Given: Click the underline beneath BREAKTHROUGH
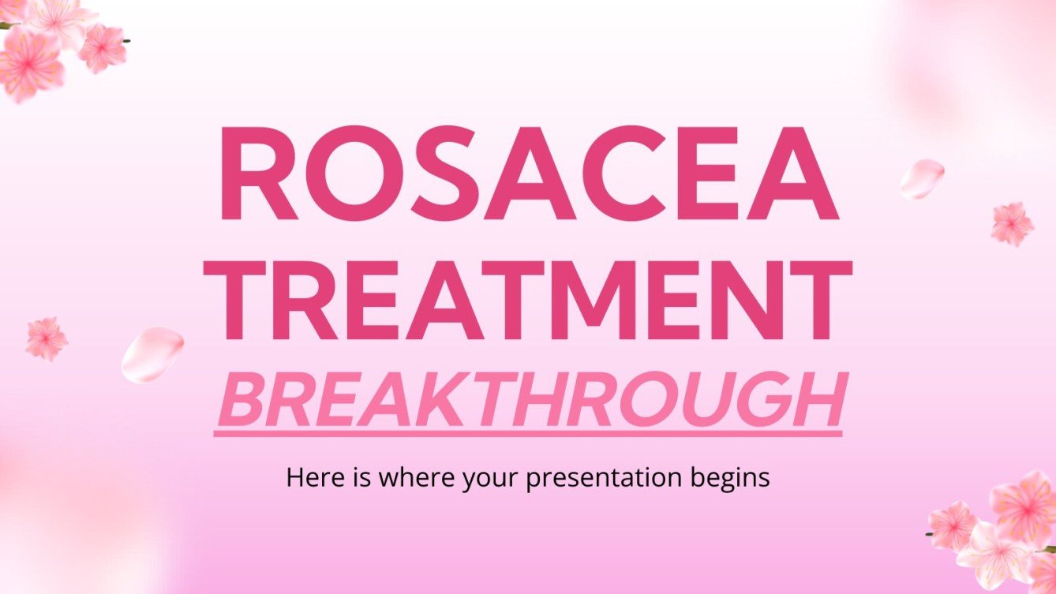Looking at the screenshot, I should (x=527, y=431).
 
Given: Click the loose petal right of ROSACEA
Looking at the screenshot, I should (x=922, y=178).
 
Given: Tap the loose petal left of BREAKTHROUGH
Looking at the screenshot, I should (x=152, y=354).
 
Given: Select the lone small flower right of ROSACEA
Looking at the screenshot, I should (x=1012, y=223).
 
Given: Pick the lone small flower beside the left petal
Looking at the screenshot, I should (x=46, y=339).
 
